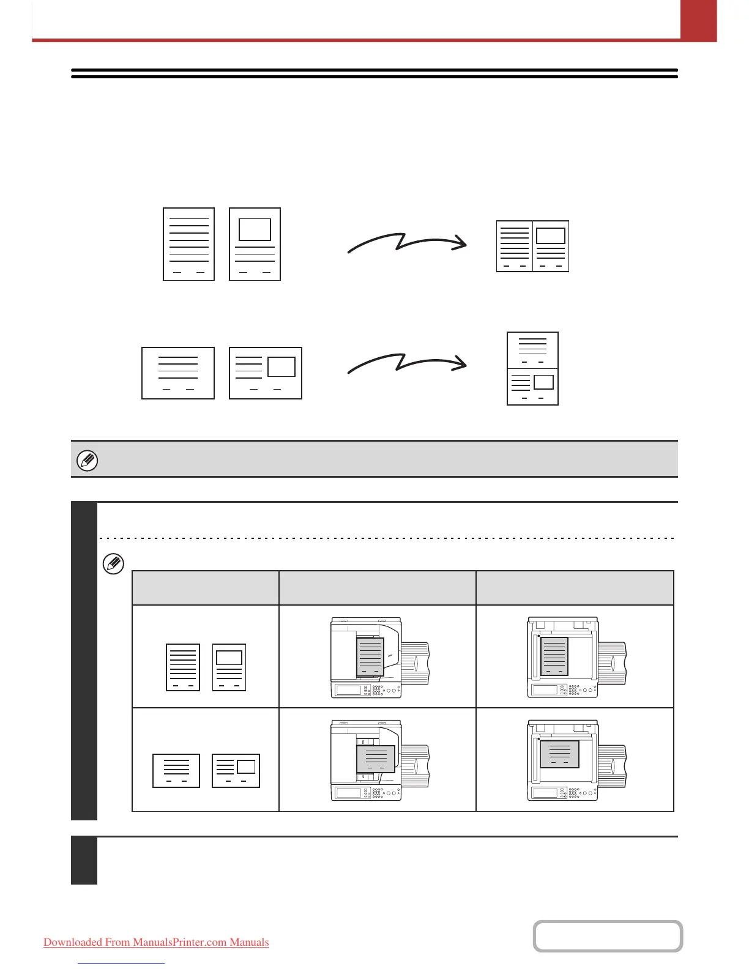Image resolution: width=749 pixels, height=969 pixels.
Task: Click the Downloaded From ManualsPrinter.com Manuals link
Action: pyautogui.click(x=156, y=942)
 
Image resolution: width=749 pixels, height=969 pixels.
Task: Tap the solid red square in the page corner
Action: pyautogui.click(x=698, y=20)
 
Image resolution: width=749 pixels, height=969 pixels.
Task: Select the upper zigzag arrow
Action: pyautogui.click(x=406, y=242)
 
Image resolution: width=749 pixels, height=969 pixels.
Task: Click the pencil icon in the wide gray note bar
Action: pyautogui.click(x=88, y=459)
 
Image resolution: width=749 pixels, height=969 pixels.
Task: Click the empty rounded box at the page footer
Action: pyautogui.click(x=608, y=936)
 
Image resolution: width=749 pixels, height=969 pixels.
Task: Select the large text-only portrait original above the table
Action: pyautogui.click(x=188, y=244)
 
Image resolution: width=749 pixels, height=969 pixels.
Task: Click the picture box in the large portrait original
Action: pyautogui.click(x=255, y=229)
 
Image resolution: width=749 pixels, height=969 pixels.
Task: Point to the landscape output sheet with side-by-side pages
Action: pyautogui.click(x=532, y=246)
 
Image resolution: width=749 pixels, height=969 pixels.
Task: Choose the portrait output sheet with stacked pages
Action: pyautogui.click(x=532, y=368)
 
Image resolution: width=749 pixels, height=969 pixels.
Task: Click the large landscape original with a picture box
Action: pyautogui.click(x=266, y=373)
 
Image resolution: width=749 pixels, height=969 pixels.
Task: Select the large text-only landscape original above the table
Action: pyautogui.click(x=178, y=373)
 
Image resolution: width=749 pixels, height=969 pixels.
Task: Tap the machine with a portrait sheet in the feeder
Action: pyautogui.click(x=379, y=658)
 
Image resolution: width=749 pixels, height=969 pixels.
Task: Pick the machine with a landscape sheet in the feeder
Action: pyautogui.click(x=379, y=760)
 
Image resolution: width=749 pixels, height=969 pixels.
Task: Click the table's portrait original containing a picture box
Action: pyautogui.click(x=229, y=667)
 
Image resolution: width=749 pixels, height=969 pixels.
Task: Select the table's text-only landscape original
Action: pyautogui.click(x=176, y=770)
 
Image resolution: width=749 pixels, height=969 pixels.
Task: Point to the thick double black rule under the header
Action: pyautogui.click(x=374, y=73)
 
